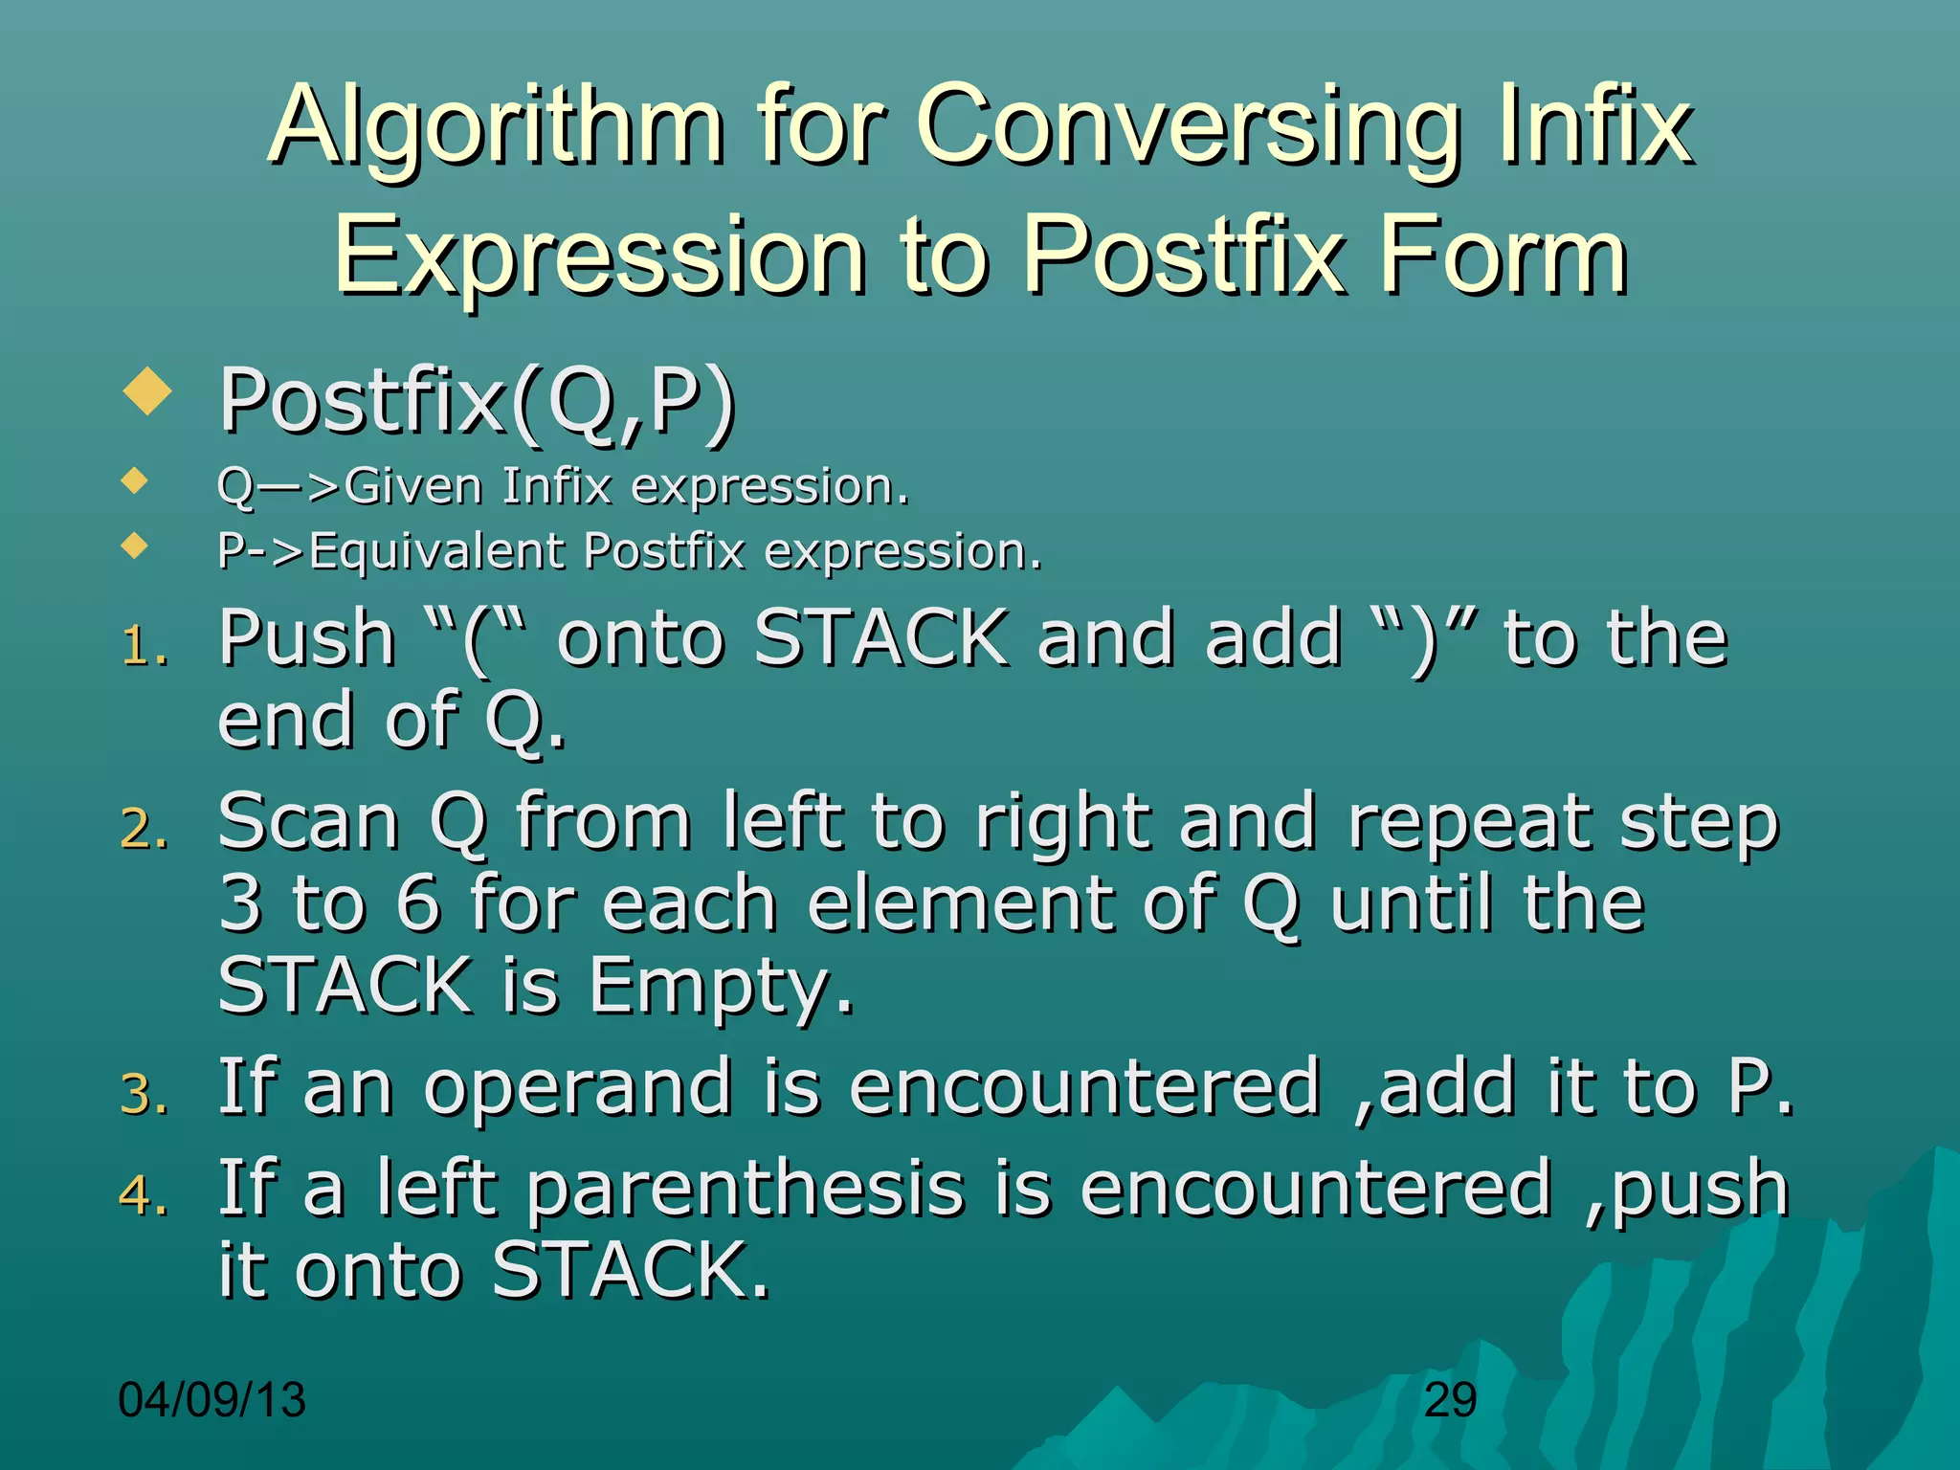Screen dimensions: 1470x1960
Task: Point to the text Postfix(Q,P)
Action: [478, 402]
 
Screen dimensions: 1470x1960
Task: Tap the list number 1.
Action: [144, 647]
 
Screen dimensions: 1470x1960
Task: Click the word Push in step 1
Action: [306, 639]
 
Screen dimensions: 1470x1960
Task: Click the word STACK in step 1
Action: [880, 639]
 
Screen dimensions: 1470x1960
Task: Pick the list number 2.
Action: [144, 830]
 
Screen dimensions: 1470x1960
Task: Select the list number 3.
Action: [144, 1095]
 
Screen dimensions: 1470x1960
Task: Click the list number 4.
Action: [144, 1195]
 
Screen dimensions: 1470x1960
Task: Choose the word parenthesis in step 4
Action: [746, 1190]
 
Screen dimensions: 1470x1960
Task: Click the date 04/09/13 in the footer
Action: [212, 1400]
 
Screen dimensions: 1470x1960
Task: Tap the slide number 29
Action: [1450, 1400]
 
